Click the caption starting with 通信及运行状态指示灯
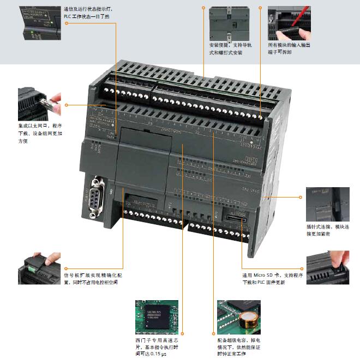pyautogui.click(x=89, y=13)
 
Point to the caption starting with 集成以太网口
pyautogui.click(x=39, y=133)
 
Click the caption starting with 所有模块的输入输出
pyautogui.click(x=289, y=49)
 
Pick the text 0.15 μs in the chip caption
pyautogui.click(x=159, y=354)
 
